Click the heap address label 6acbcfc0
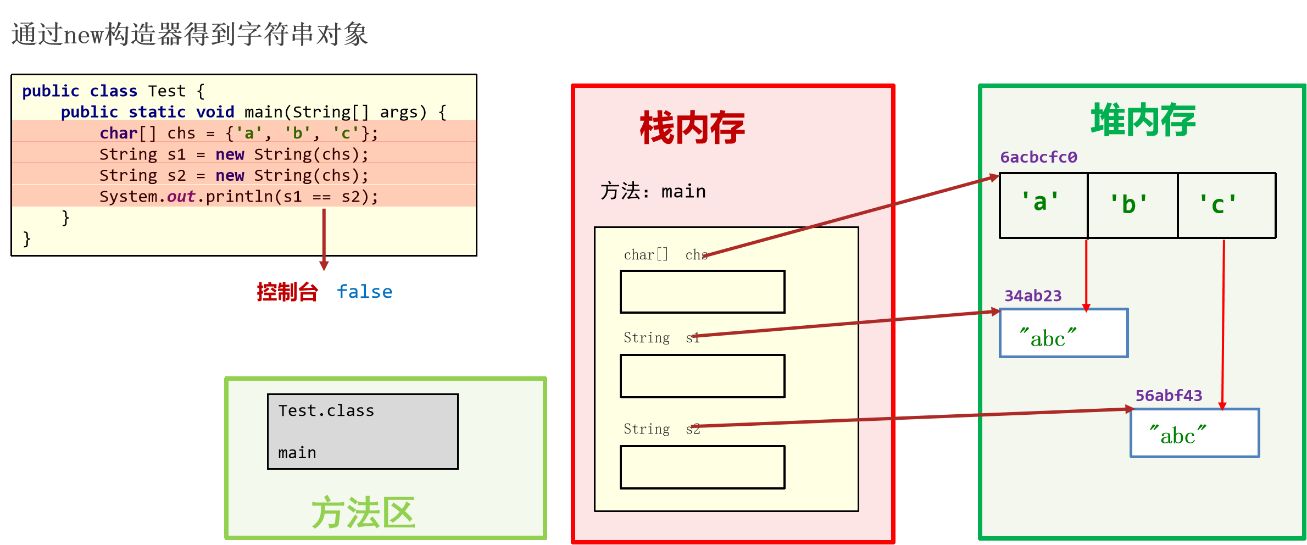point(1038,157)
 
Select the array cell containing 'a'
point(1043,205)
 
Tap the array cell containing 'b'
point(1132,205)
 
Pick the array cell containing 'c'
point(1226,205)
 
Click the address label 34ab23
point(1033,296)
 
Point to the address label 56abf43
point(1169,396)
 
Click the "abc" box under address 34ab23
point(1063,333)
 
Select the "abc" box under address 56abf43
point(1194,433)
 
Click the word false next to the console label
point(364,292)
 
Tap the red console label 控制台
point(287,292)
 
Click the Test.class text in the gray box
point(326,411)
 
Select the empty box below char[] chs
point(702,292)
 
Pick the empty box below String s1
point(702,376)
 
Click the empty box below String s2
point(702,467)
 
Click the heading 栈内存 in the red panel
point(692,127)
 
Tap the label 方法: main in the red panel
point(653,191)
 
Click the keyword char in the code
point(118,134)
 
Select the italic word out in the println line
point(181,197)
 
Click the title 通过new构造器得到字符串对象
point(190,34)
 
